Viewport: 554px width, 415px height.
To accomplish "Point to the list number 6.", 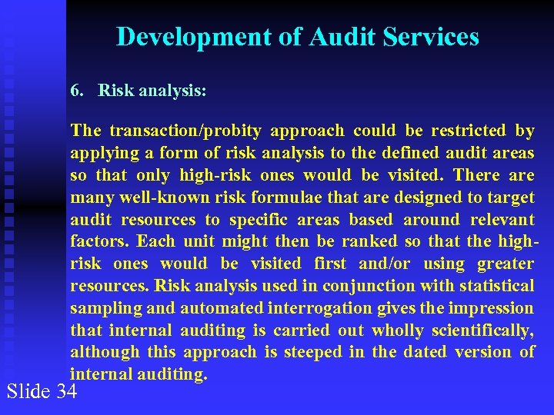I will click(x=76, y=90).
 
